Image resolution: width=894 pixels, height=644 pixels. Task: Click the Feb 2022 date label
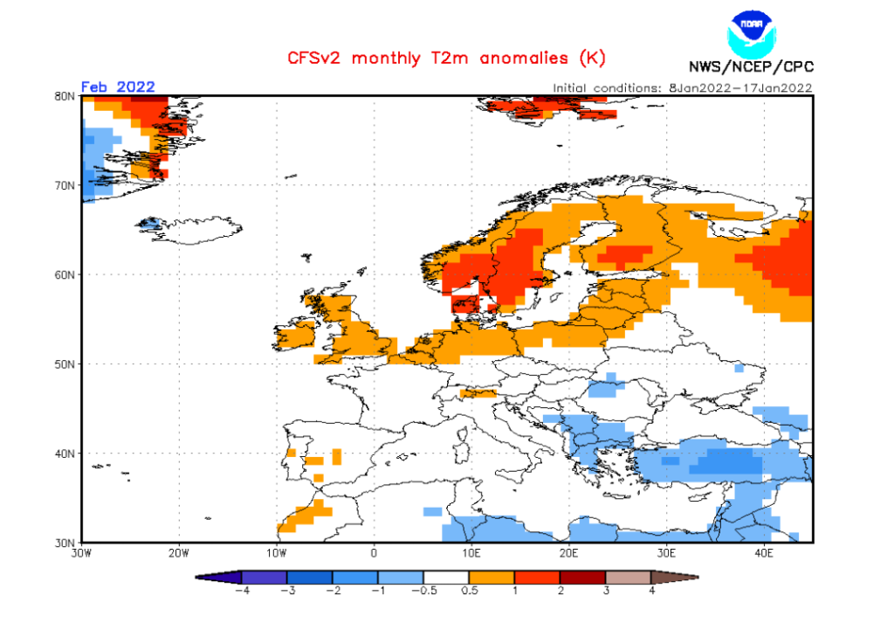[x=118, y=87]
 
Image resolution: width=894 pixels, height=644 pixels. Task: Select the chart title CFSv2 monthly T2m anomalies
[x=446, y=59]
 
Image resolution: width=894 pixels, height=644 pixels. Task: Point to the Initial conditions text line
[x=683, y=87]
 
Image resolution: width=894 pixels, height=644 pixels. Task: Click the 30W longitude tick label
[x=82, y=552]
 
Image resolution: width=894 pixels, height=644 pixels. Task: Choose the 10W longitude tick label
[x=277, y=552]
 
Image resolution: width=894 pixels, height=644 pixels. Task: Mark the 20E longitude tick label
[x=569, y=552]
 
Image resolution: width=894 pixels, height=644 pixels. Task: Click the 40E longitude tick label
[x=764, y=552]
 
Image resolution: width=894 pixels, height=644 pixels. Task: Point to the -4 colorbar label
[x=240, y=590]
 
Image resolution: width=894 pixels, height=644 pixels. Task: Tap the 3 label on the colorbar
[x=606, y=590]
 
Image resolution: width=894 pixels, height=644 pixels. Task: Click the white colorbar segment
[x=446, y=577]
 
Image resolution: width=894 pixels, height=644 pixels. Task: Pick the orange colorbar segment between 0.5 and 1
[x=492, y=577]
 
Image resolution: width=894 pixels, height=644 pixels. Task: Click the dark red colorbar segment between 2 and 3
[x=582, y=577]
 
